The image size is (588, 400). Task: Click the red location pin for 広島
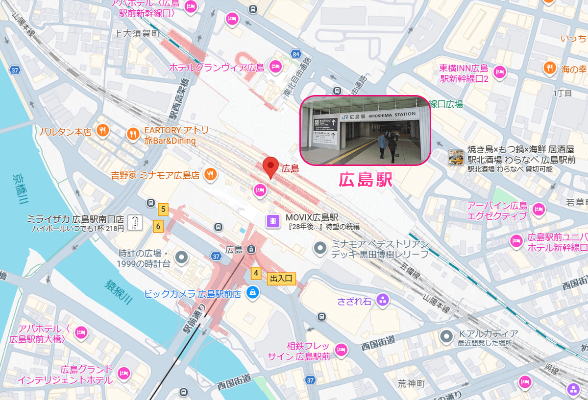[270, 167]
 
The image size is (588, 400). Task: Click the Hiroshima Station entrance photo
[365, 130]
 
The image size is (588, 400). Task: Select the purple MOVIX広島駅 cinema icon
[273, 221]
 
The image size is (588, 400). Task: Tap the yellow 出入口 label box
[281, 279]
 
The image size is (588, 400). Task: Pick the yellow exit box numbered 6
[158, 226]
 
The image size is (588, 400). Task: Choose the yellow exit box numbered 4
[255, 273]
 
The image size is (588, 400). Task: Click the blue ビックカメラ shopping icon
[252, 293]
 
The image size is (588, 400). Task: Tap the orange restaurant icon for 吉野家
[210, 174]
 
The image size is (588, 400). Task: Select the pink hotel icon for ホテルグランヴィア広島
[275, 67]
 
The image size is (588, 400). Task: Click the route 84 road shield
[295, 54]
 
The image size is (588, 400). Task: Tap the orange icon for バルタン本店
[102, 130]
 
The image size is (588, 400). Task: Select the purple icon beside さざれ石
[383, 300]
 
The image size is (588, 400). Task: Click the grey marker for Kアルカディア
[446, 336]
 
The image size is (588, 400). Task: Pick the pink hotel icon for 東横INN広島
[500, 71]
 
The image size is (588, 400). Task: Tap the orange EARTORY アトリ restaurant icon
[133, 133]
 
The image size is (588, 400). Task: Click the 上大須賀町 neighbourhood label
[136, 34]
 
